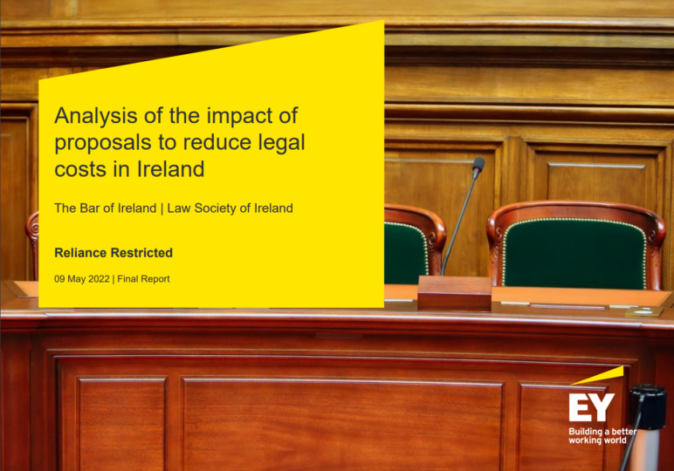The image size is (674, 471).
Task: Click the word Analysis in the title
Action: (96, 117)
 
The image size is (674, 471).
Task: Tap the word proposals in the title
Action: (102, 143)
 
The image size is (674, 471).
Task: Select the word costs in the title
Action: (80, 169)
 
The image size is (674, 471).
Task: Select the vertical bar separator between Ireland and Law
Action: (162, 208)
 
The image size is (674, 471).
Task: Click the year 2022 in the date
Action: (99, 279)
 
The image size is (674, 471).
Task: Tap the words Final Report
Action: (143, 279)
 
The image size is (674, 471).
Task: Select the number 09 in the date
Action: (59, 279)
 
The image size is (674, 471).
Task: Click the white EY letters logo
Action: (591, 407)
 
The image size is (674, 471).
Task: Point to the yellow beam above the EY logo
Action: (597, 376)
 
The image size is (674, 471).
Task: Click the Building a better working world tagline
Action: (602, 436)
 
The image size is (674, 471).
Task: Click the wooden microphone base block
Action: (454, 292)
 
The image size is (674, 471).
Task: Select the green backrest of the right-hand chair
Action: (574, 252)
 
